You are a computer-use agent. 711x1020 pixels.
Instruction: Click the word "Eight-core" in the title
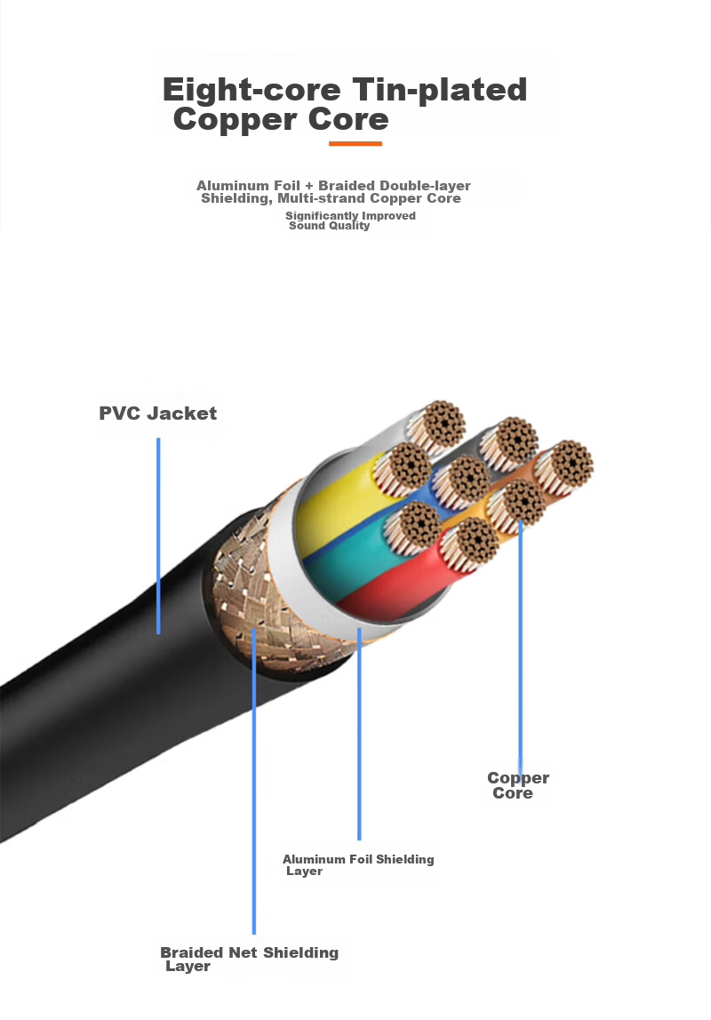(252, 90)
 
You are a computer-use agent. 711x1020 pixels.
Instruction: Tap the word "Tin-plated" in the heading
(439, 91)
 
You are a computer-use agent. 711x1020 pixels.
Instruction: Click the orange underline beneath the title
(355, 143)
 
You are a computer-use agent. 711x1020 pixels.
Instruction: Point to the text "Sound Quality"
(330, 226)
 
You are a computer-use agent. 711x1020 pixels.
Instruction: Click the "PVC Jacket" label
(158, 414)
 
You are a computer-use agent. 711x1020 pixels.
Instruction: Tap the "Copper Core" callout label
(518, 785)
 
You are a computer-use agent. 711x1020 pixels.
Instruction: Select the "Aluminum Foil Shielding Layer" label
(358, 864)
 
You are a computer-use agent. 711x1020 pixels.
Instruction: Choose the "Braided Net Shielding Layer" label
(250, 959)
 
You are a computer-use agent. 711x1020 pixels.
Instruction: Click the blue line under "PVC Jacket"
(158, 536)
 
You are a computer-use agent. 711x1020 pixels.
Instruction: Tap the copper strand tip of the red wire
(476, 541)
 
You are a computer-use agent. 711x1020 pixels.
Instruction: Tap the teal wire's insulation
(351, 558)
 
